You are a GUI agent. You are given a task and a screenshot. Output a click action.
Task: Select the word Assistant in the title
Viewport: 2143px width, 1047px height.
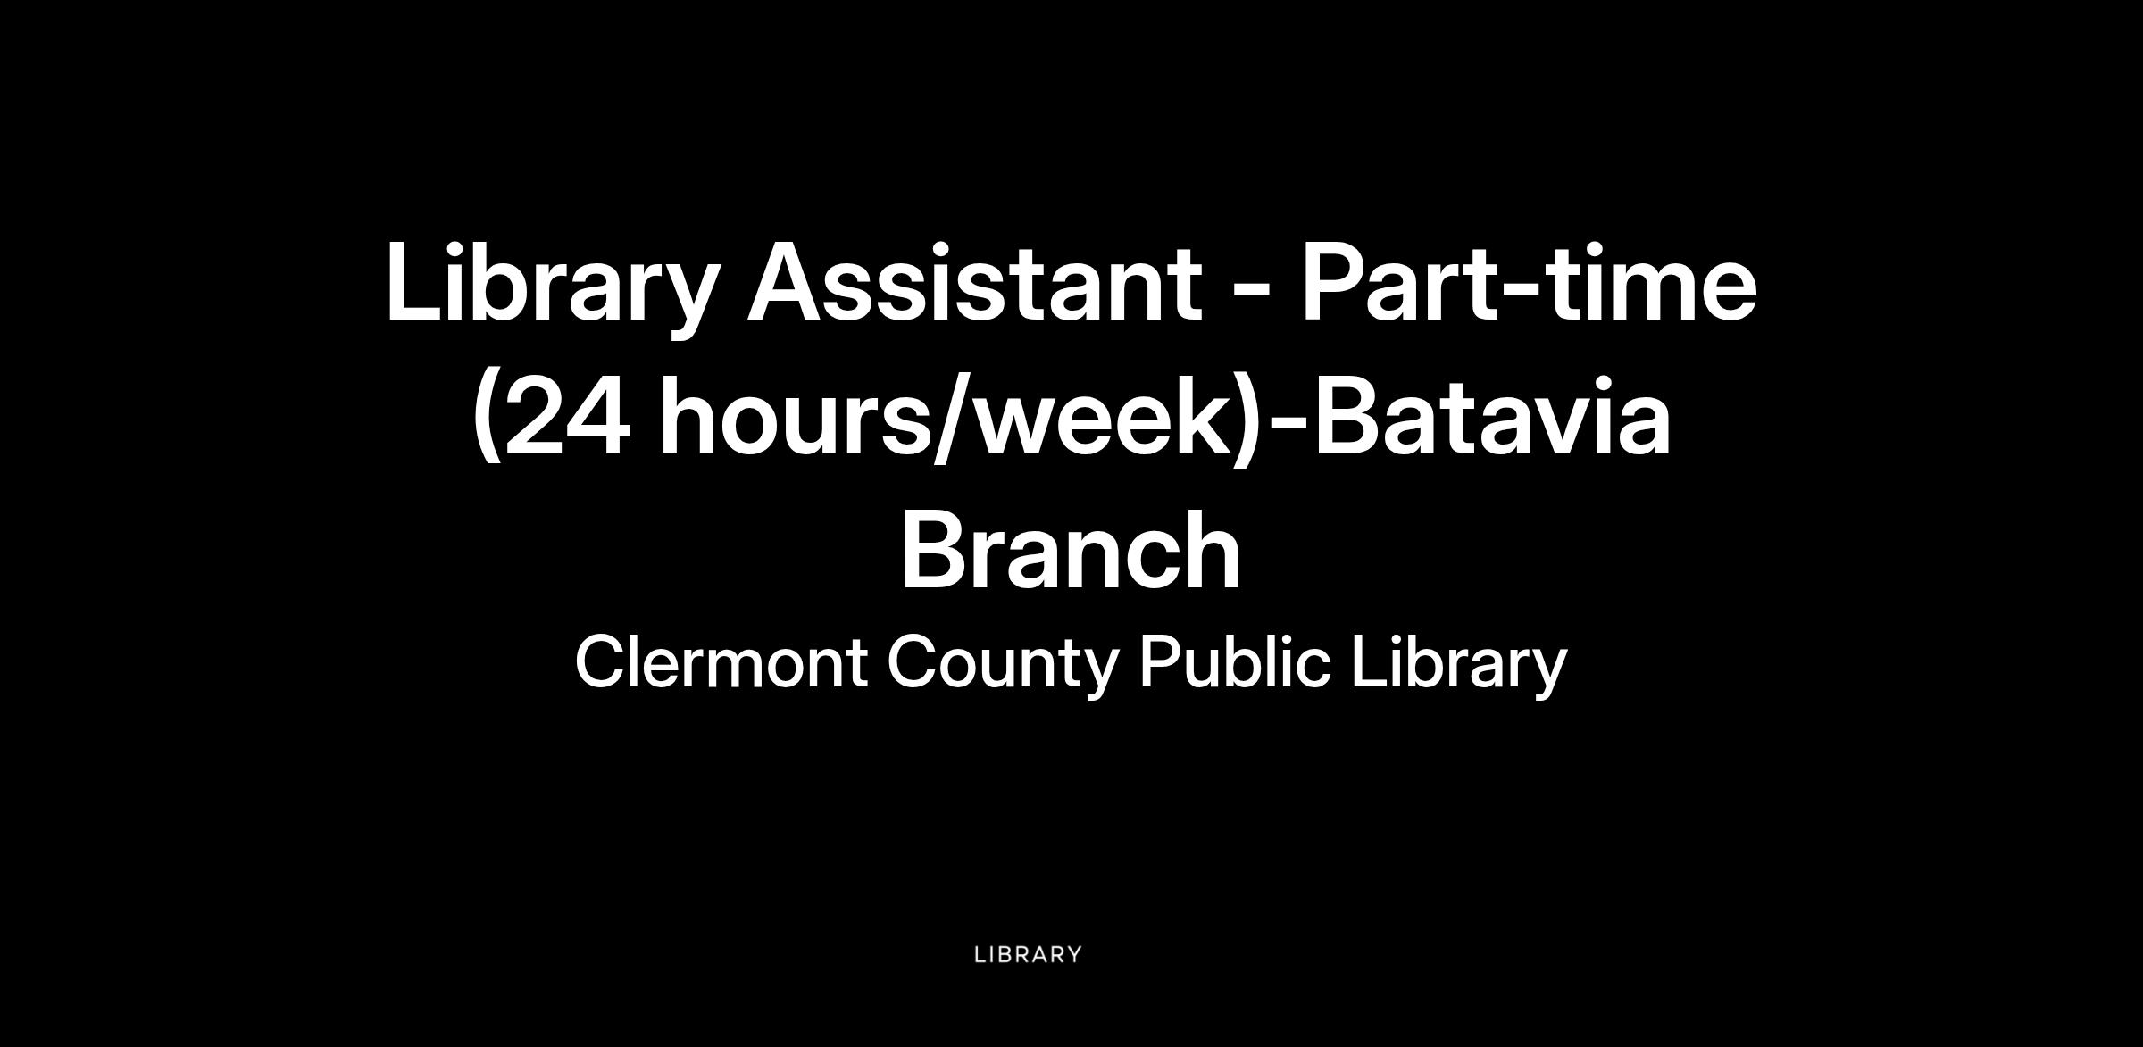(972, 282)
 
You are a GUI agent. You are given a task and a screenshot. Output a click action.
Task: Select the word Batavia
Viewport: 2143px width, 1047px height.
(1491, 416)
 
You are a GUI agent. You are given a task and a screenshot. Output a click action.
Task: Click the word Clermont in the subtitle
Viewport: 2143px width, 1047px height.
(721, 662)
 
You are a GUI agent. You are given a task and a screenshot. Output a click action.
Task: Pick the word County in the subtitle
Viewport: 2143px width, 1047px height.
(1003, 666)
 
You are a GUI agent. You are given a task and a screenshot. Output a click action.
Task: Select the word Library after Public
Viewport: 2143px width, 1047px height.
(1459, 666)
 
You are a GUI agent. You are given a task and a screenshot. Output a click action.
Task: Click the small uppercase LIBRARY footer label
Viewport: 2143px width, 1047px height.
(1028, 954)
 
